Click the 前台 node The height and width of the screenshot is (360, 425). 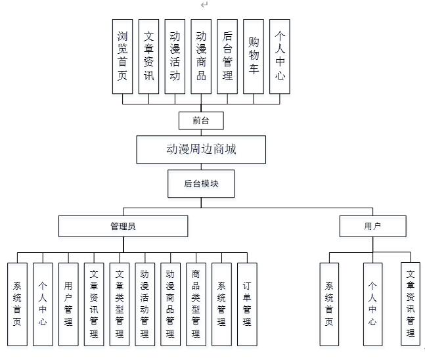[x=201, y=120]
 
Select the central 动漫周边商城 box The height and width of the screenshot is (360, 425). [x=201, y=149]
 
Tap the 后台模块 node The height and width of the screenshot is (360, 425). [x=201, y=184]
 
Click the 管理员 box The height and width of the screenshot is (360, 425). [x=123, y=227]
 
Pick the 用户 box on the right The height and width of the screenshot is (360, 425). [x=372, y=227]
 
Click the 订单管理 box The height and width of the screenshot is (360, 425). [x=247, y=304]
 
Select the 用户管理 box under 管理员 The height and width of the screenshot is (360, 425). [x=68, y=304]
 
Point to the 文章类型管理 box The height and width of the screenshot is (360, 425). [x=120, y=304]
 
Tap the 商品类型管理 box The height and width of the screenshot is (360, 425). [x=196, y=304]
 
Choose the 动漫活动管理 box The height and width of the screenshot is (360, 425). [x=145, y=304]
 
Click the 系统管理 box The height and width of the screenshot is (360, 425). [x=221, y=304]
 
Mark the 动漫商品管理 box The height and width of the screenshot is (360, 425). [x=170, y=304]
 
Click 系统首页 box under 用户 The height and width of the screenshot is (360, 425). [x=329, y=304]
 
